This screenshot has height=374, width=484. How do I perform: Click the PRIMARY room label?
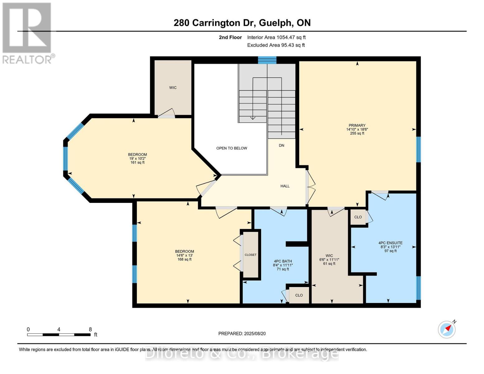click(x=357, y=125)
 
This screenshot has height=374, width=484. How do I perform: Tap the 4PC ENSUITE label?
click(x=390, y=243)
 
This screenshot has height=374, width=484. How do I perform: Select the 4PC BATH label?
click(x=283, y=261)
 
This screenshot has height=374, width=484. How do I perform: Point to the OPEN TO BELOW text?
click(x=232, y=148)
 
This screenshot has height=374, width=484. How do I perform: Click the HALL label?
click(x=285, y=186)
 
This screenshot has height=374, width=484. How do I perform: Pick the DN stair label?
click(x=281, y=146)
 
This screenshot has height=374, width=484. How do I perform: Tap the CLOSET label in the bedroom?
click(x=251, y=255)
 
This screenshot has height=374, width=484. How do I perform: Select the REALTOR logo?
click(x=27, y=33)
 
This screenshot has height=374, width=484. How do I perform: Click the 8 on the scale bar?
click(x=90, y=329)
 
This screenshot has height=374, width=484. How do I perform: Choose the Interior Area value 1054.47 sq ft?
click(x=291, y=37)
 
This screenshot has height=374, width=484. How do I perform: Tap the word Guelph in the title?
click(x=276, y=23)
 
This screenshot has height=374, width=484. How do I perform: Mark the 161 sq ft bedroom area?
click(x=137, y=163)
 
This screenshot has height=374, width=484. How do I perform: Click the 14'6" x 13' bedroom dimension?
click(x=184, y=256)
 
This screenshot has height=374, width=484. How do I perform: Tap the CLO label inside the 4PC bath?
click(x=299, y=295)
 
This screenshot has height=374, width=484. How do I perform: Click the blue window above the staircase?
click(x=267, y=60)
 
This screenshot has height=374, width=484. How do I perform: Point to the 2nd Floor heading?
click(x=230, y=37)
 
